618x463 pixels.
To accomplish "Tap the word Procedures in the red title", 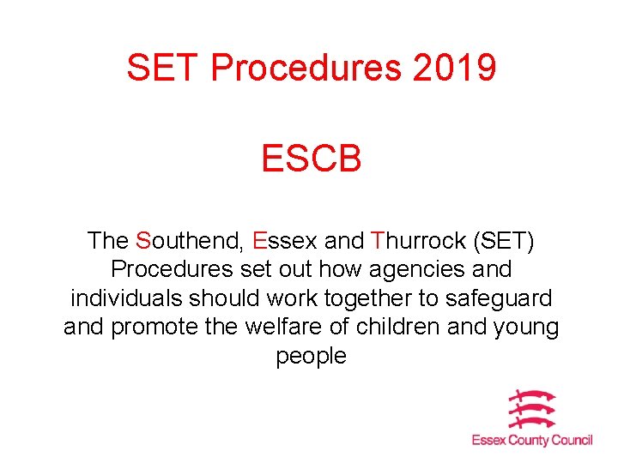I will (306, 68).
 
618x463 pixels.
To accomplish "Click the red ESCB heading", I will (312, 158).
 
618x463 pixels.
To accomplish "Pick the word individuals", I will (127, 298).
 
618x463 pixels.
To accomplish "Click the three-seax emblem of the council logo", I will (532, 411).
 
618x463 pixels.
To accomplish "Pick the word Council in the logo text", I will (572, 441).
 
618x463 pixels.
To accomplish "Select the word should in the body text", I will (228, 298).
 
